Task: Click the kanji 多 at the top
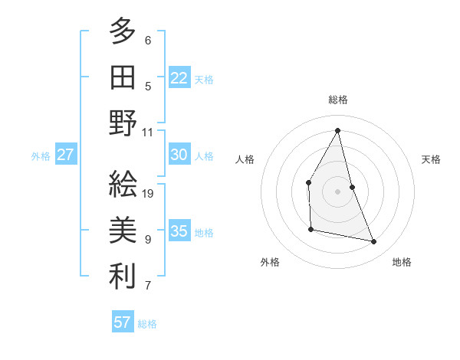[x=123, y=32]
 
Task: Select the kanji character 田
[x=123, y=77]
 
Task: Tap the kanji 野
[x=123, y=123]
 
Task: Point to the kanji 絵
[x=123, y=186]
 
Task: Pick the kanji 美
[x=123, y=231]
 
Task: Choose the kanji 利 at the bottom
[x=123, y=277]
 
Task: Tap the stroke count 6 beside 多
[x=148, y=41]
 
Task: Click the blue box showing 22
[x=179, y=77]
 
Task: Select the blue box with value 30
[x=179, y=155]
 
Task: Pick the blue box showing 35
[x=179, y=231]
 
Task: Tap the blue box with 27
[x=65, y=155]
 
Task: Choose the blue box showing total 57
[x=123, y=322]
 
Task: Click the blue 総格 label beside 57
[x=147, y=324]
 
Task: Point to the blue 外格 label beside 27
[x=41, y=156]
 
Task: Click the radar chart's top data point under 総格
[x=337, y=129]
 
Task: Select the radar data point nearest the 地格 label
[x=374, y=242]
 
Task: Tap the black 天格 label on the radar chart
[x=431, y=159]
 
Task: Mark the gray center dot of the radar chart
[x=337, y=191]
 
